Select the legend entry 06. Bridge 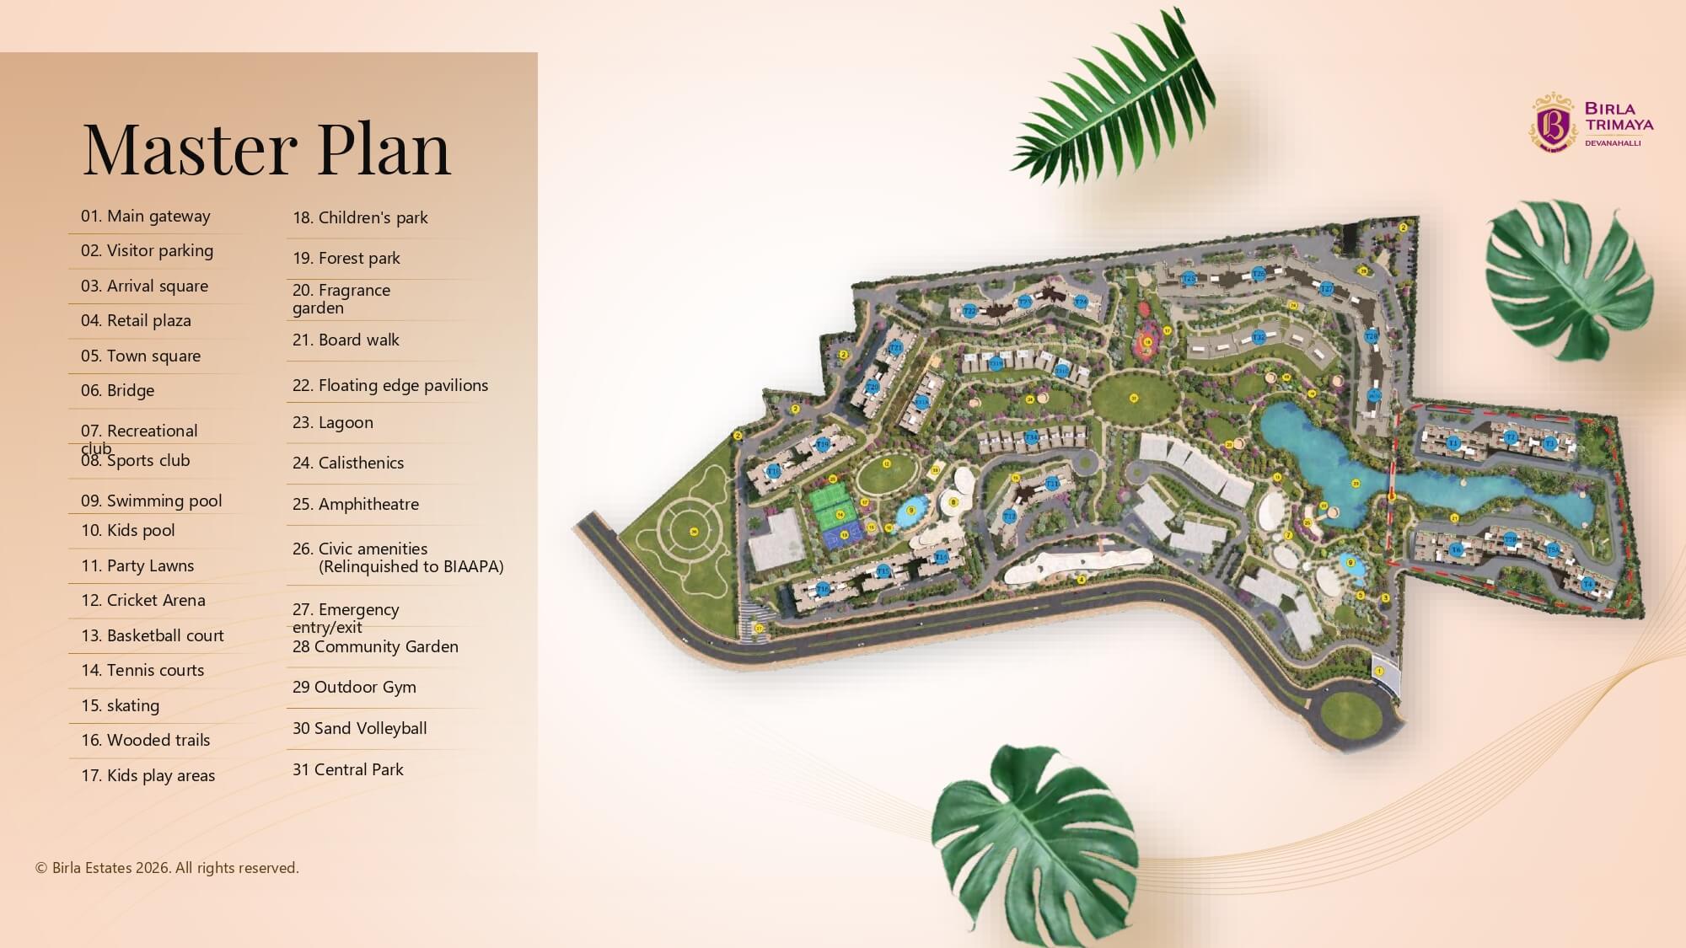pyautogui.click(x=117, y=390)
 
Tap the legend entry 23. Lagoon pyautogui.click(x=332, y=422)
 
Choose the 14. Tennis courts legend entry pyautogui.click(x=142, y=670)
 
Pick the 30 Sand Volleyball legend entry pyautogui.click(x=359, y=728)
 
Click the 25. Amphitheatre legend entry pyautogui.click(x=355, y=504)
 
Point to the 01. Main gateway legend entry pyautogui.click(x=145, y=216)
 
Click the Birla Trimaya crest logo pyautogui.click(x=1553, y=123)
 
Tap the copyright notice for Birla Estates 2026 pyautogui.click(x=167, y=868)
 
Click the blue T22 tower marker pyautogui.click(x=969, y=311)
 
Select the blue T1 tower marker pyautogui.click(x=1452, y=442)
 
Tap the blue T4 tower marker pyautogui.click(x=1587, y=584)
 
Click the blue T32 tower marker pyautogui.click(x=1258, y=337)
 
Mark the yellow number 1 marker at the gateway pyautogui.click(x=1379, y=671)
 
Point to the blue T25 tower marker pyautogui.click(x=1189, y=278)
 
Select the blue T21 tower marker pyautogui.click(x=896, y=347)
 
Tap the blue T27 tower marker pyautogui.click(x=1326, y=289)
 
